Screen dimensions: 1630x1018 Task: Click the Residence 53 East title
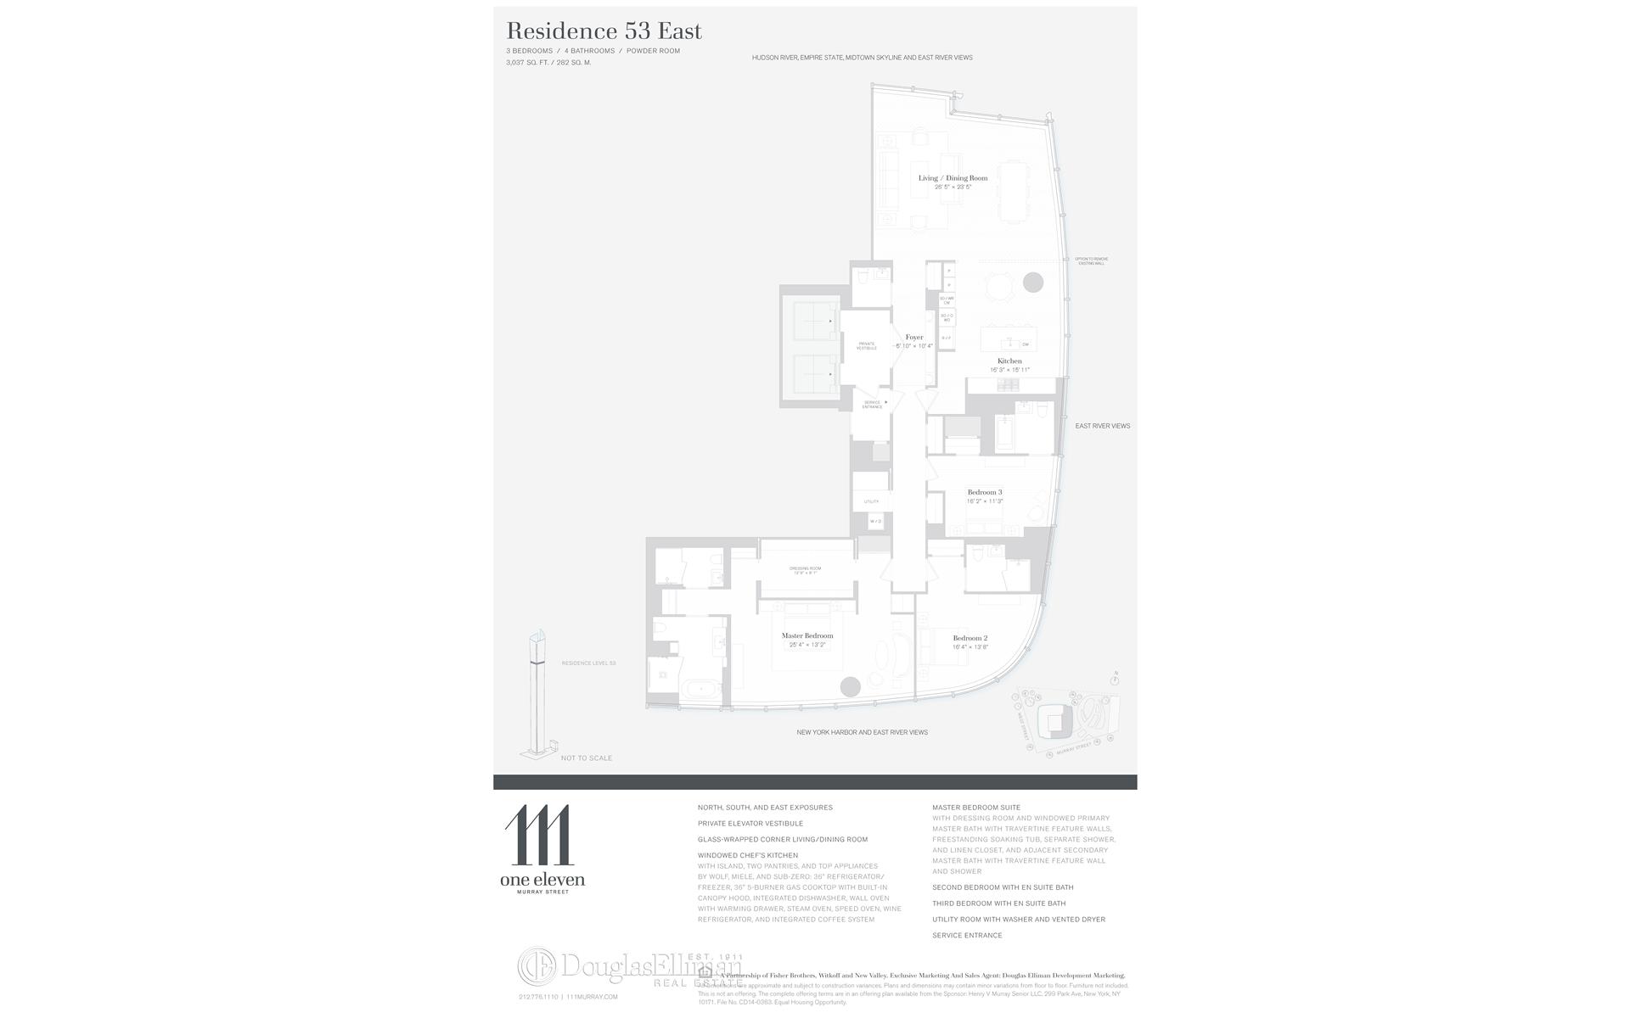coord(604,31)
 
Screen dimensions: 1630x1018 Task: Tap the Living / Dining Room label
coord(953,178)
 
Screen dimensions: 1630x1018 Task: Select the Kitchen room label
coord(1009,361)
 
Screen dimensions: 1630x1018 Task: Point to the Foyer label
coord(913,338)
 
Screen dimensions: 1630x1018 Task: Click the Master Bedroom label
coord(807,635)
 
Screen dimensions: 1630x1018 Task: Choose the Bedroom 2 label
coord(970,638)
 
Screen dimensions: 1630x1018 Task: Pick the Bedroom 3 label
coord(985,492)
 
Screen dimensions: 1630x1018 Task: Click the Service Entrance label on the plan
coord(872,405)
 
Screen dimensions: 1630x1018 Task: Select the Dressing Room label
coord(805,568)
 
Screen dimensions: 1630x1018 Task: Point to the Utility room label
coord(871,501)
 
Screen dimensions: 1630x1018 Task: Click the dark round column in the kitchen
coord(1032,282)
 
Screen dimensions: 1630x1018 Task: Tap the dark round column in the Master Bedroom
coord(850,687)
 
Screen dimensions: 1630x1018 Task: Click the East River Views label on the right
coord(1102,426)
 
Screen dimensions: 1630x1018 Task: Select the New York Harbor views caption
coord(862,732)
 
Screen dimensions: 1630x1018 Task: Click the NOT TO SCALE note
coord(586,758)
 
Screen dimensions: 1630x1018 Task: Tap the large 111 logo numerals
coord(538,835)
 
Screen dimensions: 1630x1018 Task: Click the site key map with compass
coord(1066,718)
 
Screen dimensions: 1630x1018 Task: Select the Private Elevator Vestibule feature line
coord(750,823)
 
